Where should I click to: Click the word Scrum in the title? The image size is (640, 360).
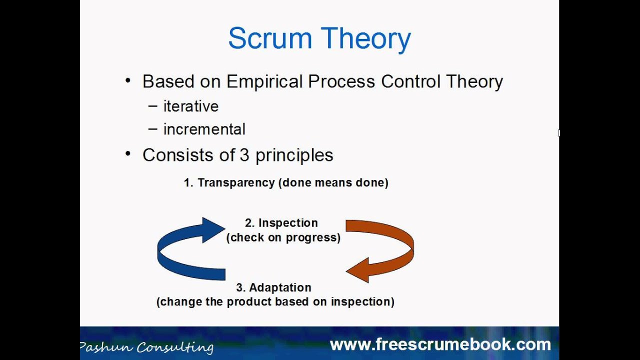click(270, 38)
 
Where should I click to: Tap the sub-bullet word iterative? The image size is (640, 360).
click(190, 106)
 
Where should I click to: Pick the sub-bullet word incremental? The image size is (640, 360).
click(204, 129)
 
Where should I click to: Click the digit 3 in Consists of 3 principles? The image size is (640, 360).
click(244, 155)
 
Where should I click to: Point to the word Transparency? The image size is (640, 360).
click(236, 182)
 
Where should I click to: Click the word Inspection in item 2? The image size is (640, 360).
click(288, 223)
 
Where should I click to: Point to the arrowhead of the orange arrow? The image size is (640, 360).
click(358, 270)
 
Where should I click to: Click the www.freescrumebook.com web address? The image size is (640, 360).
click(440, 344)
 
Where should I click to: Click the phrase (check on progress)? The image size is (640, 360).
click(283, 237)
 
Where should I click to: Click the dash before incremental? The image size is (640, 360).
click(153, 129)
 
